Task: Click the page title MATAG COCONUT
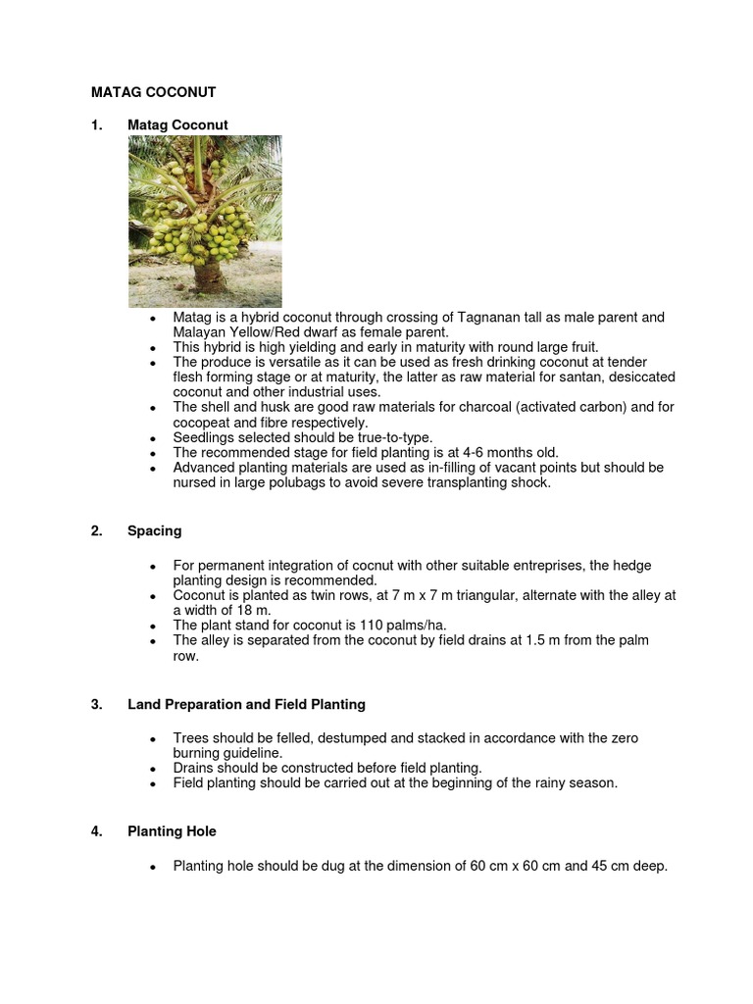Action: [x=153, y=92]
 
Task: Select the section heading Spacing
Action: [x=154, y=531]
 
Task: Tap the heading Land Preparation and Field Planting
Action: [x=246, y=704]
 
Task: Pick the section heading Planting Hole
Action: [x=172, y=831]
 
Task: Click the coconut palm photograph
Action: [x=205, y=222]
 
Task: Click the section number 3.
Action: [x=96, y=704]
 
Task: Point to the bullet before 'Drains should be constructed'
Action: [x=154, y=769]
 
